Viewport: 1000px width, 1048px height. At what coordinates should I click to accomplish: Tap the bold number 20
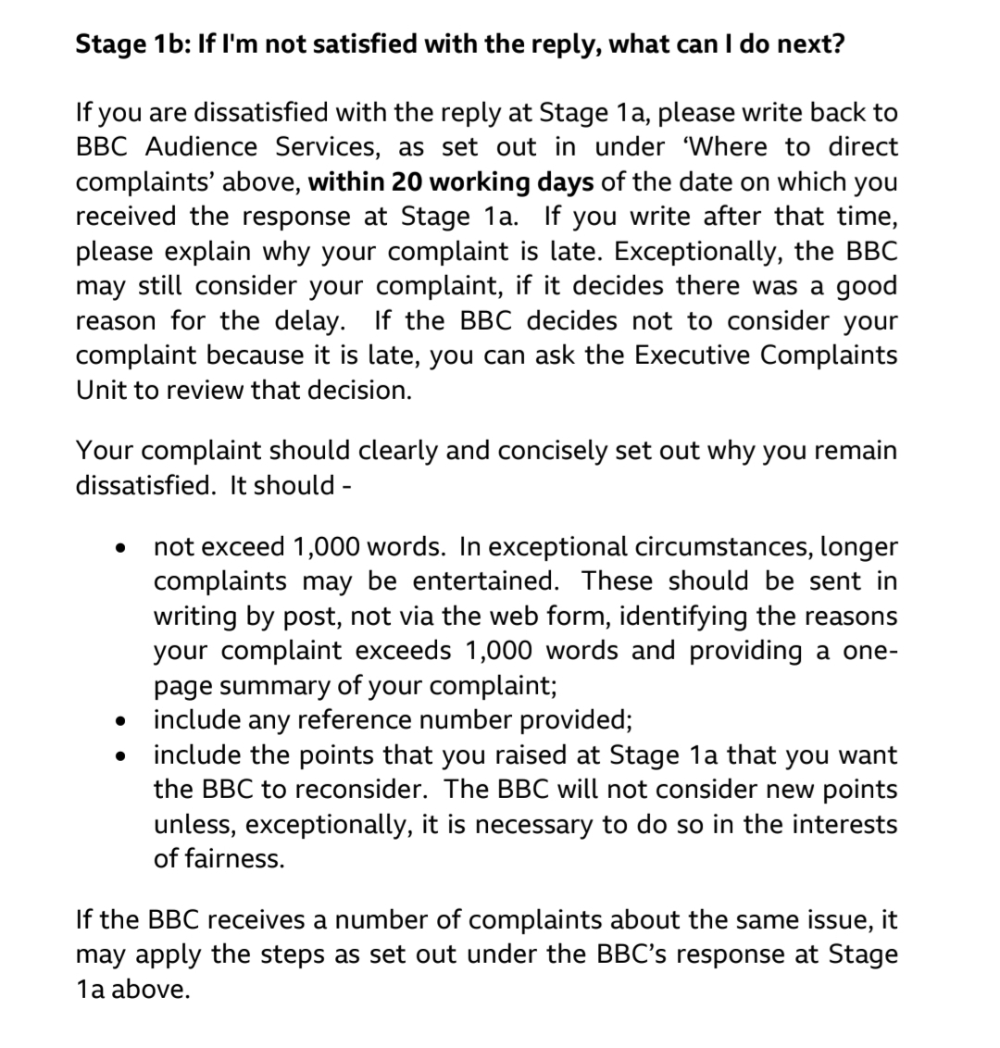[x=405, y=181]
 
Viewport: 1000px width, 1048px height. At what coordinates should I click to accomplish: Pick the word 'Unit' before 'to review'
[x=96, y=390]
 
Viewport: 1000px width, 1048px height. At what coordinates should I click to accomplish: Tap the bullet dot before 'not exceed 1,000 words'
[x=119, y=548]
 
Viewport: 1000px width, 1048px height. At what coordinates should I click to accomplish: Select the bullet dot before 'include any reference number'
[x=119, y=721]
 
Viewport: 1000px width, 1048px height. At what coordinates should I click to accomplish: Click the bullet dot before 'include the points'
[x=119, y=756]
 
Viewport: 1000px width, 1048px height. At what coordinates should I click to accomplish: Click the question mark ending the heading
[x=836, y=44]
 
